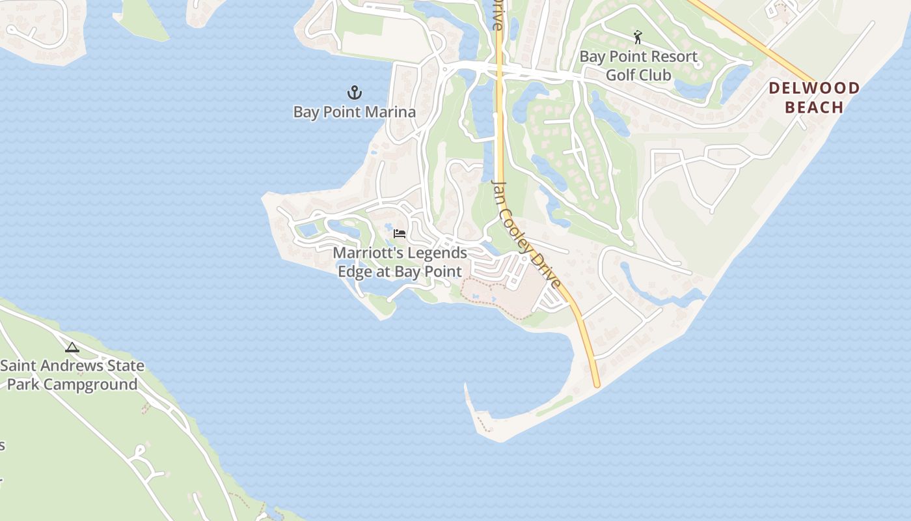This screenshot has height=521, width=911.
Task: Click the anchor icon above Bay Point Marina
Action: [x=355, y=92]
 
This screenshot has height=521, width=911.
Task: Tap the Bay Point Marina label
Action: [x=355, y=112]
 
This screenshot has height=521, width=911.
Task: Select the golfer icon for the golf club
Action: [x=638, y=37]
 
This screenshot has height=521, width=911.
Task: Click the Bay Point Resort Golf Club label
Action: [x=638, y=66]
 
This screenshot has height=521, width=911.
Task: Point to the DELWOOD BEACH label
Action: [x=814, y=98]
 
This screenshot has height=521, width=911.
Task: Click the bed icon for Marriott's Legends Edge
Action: [x=400, y=233]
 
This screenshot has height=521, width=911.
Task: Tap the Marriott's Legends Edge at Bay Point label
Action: [x=400, y=262]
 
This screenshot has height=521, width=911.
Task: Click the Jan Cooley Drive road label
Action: [x=526, y=234]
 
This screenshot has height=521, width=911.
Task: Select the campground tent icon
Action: [x=72, y=347]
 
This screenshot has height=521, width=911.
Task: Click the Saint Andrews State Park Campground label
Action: [x=72, y=375]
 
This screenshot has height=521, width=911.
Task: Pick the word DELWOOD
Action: [x=814, y=88]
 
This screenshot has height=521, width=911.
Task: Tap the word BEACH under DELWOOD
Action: [x=814, y=107]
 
